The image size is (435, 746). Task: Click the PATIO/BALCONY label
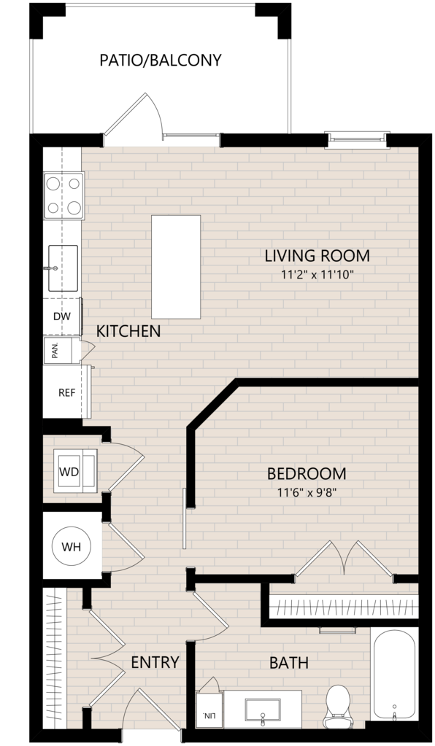(x=161, y=61)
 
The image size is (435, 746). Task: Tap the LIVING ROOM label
(x=317, y=255)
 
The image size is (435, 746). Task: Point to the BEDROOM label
(x=306, y=473)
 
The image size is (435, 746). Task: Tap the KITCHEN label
(x=128, y=331)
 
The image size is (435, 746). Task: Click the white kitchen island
(x=176, y=267)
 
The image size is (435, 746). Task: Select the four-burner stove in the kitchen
(x=63, y=195)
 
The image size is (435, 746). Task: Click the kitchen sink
(x=63, y=268)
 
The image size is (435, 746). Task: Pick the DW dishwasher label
(x=61, y=316)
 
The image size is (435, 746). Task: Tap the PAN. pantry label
(x=55, y=351)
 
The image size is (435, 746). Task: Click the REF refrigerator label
(x=66, y=393)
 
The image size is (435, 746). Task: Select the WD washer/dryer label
(x=69, y=472)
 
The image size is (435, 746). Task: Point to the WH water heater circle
(x=72, y=547)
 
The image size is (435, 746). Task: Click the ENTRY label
(x=155, y=662)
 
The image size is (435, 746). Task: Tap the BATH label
(x=289, y=662)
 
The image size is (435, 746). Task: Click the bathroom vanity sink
(x=262, y=710)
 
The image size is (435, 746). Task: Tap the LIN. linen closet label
(x=209, y=715)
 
